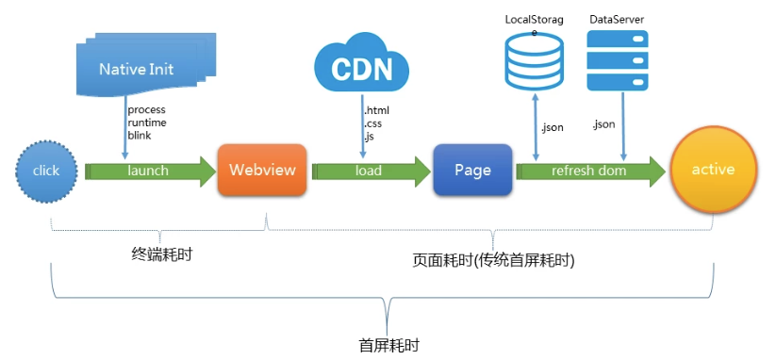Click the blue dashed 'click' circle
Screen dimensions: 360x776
[x=45, y=171]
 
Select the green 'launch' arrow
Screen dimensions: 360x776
[x=148, y=171]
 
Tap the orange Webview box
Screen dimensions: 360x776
[x=262, y=171]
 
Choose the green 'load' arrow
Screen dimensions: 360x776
[x=368, y=171]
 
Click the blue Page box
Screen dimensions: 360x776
[x=472, y=171]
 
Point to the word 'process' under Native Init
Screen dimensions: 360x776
[x=146, y=110]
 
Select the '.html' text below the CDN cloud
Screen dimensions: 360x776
[x=376, y=110]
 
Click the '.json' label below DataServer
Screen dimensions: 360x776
[x=603, y=123]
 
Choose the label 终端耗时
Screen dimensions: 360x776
[x=161, y=254]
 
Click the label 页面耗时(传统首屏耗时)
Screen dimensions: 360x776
[x=494, y=258]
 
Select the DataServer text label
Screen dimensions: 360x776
[x=617, y=19]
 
